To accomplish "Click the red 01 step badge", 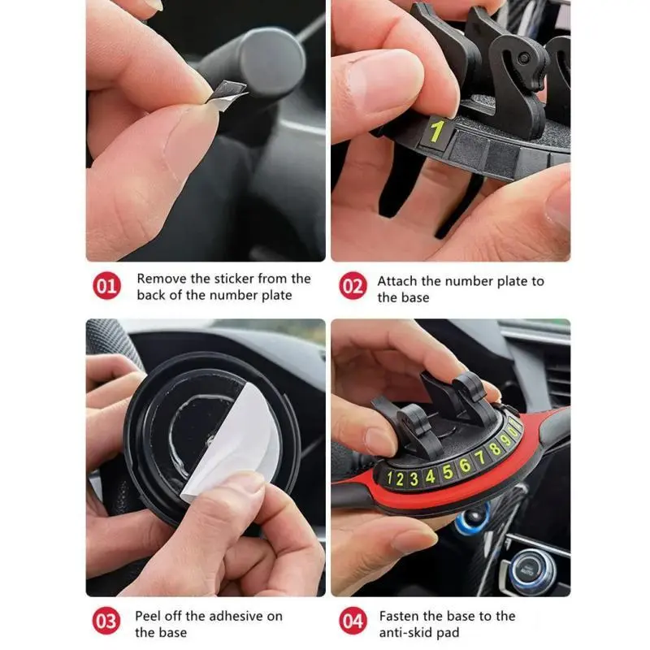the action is coord(106,286).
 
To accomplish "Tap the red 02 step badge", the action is coord(353,286).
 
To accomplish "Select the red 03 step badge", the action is coord(106,621).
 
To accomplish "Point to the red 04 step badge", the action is coord(353,621).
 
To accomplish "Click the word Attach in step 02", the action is coord(397,281).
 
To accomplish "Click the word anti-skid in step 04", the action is coord(405,633).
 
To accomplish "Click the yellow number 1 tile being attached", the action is coord(436,131).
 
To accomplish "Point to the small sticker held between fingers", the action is coord(227,94).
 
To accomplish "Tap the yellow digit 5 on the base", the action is coord(448,472).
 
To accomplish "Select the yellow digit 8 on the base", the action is coord(494,449).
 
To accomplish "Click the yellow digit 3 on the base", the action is coord(414,479).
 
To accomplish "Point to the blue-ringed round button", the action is coord(473,518).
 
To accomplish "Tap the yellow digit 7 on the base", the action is coord(479,458).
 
